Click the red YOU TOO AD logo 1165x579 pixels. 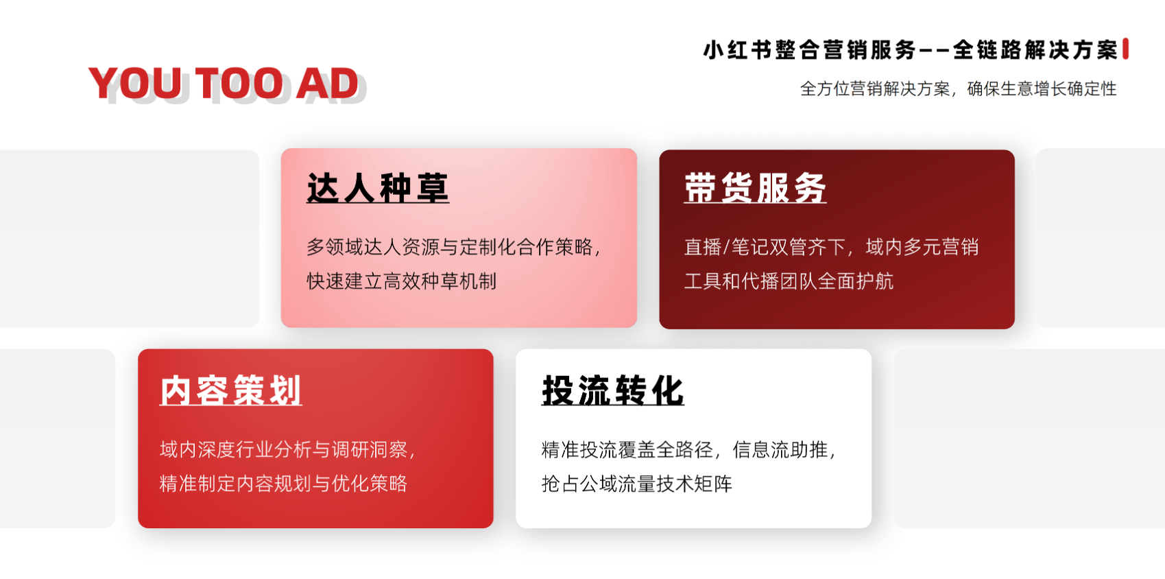[x=224, y=83]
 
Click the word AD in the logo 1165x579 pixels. [x=327, y=83]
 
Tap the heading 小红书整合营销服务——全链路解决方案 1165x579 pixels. [x=910, y=50]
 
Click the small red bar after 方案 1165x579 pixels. [x=1125, y=49]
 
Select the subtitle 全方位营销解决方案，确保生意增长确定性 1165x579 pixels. [x=958, y=89]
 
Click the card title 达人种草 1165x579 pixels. [x=378, y=188]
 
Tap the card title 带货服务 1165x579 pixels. [x=755, y=188]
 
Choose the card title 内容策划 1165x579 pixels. [x=231, y=390]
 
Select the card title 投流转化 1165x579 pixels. [x=612, y=390]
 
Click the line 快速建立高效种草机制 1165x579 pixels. [x=402, y=281]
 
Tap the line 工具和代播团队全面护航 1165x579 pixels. [x=789, y=281]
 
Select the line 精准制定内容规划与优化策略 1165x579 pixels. [x=283, y=484]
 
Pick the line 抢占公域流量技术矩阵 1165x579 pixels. [x=636, y=484]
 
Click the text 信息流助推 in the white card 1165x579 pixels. [x=780, y=449]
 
